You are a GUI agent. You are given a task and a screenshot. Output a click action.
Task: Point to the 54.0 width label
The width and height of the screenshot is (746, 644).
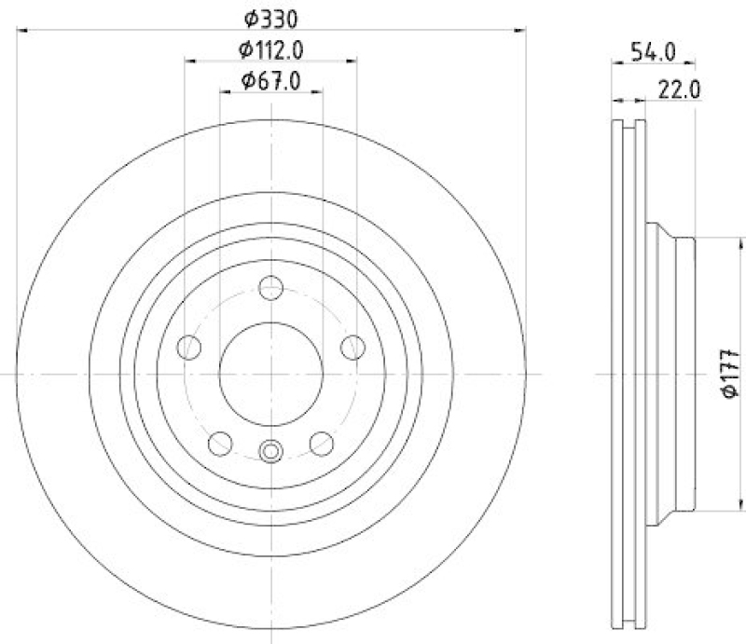coord(652,52)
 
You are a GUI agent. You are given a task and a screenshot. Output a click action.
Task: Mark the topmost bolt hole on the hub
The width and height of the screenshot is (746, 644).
coord(270,287)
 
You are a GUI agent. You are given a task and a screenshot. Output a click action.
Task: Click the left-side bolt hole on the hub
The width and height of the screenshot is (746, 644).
coord(189,347)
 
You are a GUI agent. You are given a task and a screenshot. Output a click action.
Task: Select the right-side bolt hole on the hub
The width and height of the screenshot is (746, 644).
coord(352,347)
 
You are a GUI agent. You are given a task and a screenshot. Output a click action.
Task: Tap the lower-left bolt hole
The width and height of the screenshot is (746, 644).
coord(221,442)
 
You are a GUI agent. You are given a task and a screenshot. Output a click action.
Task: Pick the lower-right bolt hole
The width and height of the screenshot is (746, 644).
coord(321,442)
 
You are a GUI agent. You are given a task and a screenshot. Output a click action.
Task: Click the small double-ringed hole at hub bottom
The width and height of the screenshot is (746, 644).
coord(270,452)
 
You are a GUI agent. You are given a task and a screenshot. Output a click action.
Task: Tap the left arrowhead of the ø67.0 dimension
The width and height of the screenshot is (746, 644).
coord(223,92)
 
